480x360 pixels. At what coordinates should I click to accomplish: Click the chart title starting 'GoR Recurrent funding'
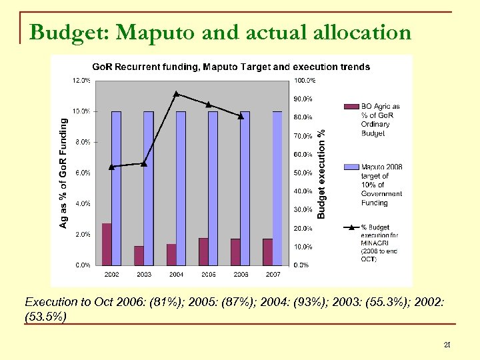(x=231, y=67)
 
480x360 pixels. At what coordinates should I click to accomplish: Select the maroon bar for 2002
(x=107, y=244)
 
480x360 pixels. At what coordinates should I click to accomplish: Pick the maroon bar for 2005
(x=203, y=251)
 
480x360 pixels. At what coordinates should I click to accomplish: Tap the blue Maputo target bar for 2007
(x=277, y=188)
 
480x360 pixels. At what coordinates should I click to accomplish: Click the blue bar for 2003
(x=149, y=188)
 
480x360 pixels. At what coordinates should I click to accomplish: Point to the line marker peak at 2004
(x=176, y=93)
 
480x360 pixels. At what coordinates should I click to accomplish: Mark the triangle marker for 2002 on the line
(x=112, y=167)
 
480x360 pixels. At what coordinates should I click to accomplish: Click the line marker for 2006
(x=241, y=116)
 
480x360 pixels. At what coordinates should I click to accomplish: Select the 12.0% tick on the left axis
(x=81, y=80)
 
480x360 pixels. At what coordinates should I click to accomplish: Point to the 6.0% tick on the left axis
(x=83, y=173)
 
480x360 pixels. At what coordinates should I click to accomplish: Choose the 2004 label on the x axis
(x=176, y=274)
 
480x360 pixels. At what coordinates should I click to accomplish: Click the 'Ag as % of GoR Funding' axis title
(x=64, y=173)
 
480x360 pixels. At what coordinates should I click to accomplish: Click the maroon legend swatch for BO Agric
(x=351, y=106)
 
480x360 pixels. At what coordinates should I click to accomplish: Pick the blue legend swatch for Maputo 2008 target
(x=351, y=167)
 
